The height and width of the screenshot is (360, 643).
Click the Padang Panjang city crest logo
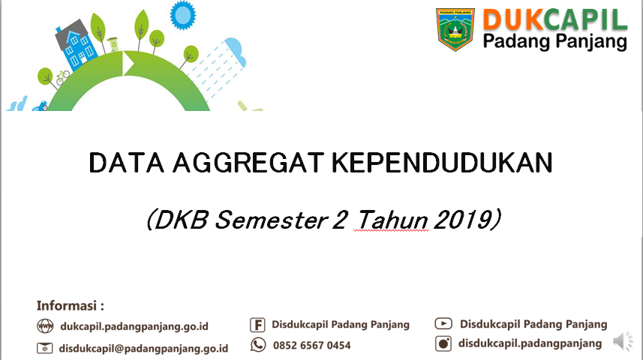(455, 29)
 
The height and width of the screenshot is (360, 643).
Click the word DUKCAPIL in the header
(555, 20)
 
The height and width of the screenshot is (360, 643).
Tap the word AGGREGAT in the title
(248, 163)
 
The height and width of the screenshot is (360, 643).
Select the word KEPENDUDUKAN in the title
(442, 163)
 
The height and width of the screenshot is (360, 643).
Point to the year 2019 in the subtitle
(467, 220)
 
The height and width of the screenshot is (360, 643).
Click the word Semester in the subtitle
(271, 220)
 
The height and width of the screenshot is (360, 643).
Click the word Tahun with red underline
(392, 220)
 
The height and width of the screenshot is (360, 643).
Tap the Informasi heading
(70, 306)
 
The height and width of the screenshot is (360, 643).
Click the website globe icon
(45, 326)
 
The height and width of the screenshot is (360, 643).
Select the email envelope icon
(45, 348)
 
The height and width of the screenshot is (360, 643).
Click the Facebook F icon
(257, 325)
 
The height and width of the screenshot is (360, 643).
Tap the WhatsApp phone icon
(258, 345)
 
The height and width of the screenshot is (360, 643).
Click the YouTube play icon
(443, 323)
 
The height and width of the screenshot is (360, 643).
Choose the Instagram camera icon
(443, 343)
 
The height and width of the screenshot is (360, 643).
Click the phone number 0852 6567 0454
(311, 346)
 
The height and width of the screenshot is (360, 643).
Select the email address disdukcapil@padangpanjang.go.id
(143, 349)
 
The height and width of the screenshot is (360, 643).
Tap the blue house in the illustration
(76, 43)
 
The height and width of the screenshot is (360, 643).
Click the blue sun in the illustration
(183, 15)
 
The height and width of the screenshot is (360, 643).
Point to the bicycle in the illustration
(63, 77)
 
